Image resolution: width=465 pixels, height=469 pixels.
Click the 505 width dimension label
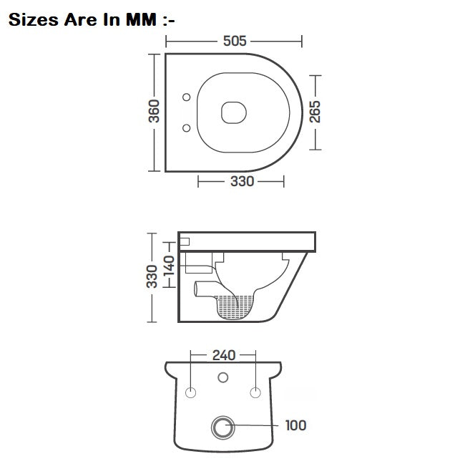(x=234, y=41)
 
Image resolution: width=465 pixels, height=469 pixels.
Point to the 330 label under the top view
(x=242, y=182)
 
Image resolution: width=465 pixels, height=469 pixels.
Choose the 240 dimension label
(x=223, y=354)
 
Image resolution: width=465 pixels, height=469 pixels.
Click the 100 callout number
(x=295, y=425)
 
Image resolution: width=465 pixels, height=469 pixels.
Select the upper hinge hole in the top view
(x=187, y=97)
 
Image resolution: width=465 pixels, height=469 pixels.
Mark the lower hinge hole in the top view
(x=187, y=128)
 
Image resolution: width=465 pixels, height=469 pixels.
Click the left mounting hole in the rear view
(x=191, y=392)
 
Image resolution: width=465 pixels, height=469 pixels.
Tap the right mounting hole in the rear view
(x=255, y=392)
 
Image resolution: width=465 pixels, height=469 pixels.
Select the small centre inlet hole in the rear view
(x=223, y=377)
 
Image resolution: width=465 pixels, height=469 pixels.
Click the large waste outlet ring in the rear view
(x=223, y=428)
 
